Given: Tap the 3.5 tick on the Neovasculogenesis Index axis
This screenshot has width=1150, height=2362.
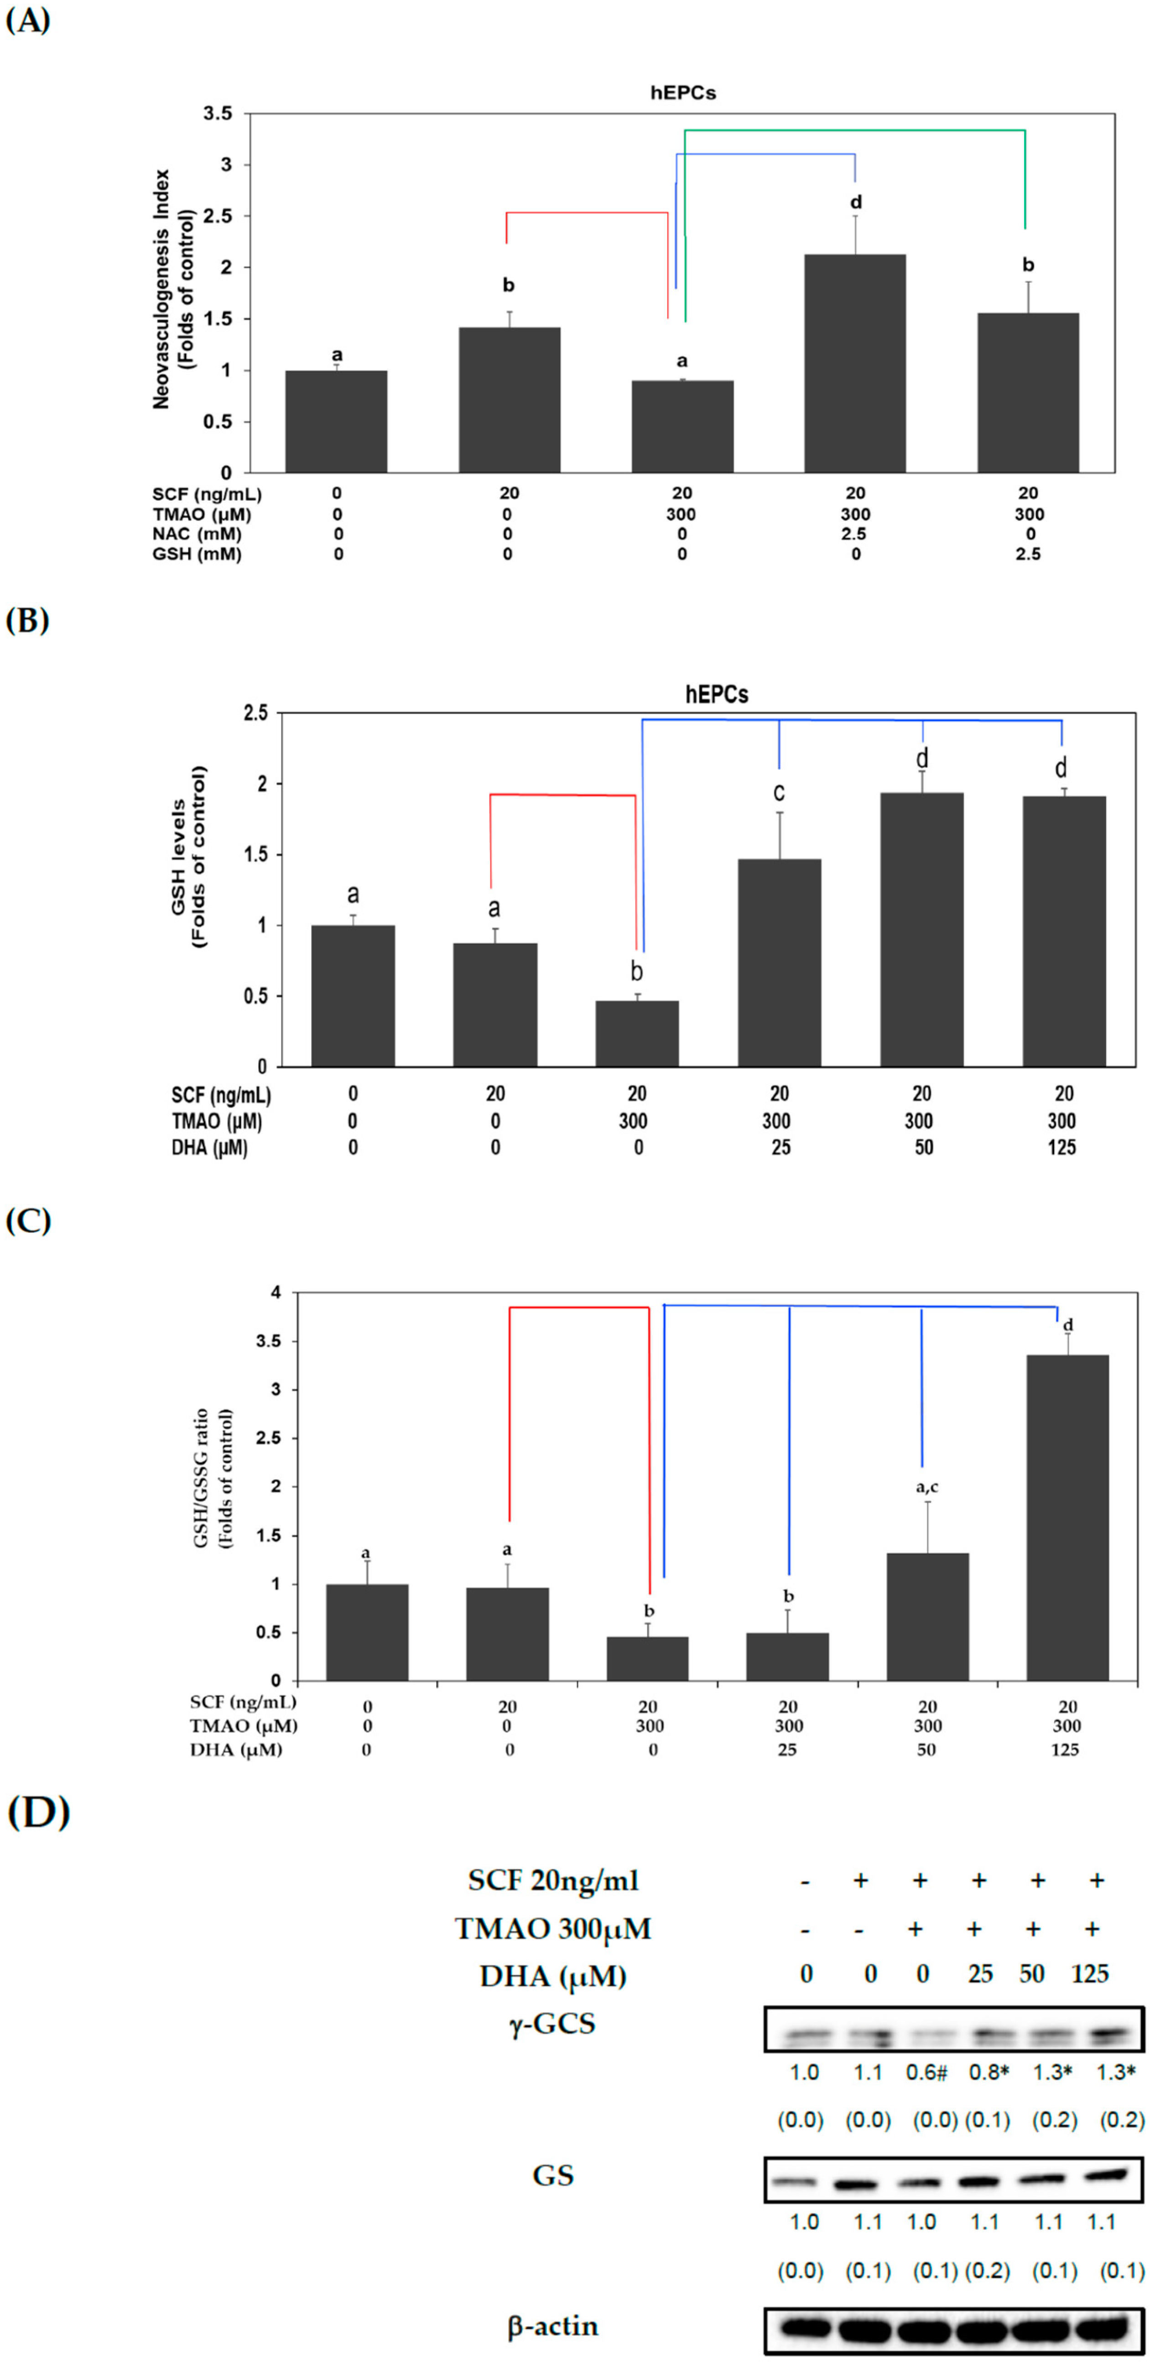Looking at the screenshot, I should click(218, 114).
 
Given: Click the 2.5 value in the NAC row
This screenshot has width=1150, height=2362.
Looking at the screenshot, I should click(854, 534).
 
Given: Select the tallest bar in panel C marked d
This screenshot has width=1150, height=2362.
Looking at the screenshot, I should click(1067, 1518).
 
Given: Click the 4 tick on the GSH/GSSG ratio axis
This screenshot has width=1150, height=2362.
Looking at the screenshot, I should click(275, 1293).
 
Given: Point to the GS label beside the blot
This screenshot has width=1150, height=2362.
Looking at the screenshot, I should click(553, 2175).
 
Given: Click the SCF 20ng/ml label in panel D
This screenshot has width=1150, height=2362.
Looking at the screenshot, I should click(553, 1880).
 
